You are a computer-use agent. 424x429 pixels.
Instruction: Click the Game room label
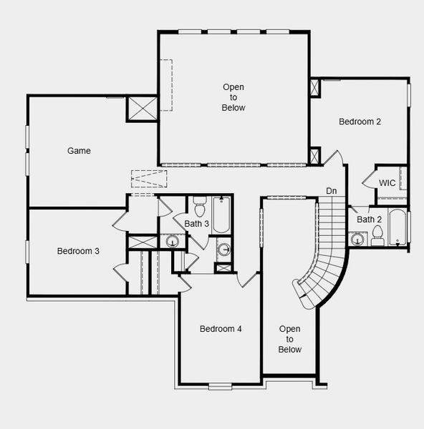[x=79, y=150]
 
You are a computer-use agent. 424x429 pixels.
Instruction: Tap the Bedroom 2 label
[x=360, y=122]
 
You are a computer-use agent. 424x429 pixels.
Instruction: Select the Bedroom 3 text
[x=78, y=251]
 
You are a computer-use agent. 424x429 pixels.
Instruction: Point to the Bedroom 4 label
[x=221, y=329]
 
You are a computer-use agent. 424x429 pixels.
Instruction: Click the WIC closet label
[x=387, y=183]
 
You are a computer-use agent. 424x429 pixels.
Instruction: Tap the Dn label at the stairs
[x=332, y=191]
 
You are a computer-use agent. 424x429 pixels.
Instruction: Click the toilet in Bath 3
[x=200, y=206]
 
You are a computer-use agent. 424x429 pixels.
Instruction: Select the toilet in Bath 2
[x=377, y=235]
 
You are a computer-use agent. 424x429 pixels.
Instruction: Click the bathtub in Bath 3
[x=221, y=215]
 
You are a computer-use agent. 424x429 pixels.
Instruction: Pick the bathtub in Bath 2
[x=397, y=227]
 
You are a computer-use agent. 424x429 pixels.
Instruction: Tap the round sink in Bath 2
[x=357, y=239]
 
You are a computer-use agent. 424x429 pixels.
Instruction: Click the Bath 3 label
[x=196, y=224]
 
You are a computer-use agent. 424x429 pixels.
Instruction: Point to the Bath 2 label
[x=369, y=220]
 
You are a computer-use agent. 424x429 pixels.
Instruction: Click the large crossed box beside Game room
[x=143, y=109]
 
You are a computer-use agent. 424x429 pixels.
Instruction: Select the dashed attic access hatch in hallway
[x=149, y=179]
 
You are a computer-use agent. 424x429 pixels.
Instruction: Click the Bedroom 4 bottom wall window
[x=220, y=387]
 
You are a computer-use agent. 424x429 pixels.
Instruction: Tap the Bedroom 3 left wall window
[x=27, y=252]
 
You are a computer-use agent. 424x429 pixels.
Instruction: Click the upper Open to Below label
[x=233, y=97]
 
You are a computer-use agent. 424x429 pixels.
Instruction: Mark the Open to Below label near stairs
[x=289, y=339]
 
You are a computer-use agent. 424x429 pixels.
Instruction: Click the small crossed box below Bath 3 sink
[x=223, y=268]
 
